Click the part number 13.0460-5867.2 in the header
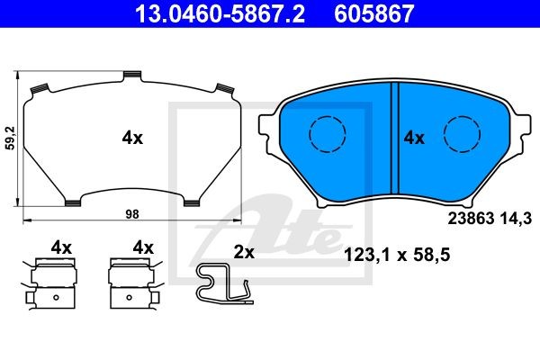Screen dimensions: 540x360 pyautogui.click(x=220, y=13)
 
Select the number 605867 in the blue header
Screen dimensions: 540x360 pyautogui.click(x=374, y=13)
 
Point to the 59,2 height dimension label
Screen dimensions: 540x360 pyautogui.click(x=11, y=138)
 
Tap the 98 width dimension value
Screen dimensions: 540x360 pyautogui.click(x=132, y=214)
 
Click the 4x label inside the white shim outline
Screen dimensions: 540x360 pyautogui.click(x=132, y=138)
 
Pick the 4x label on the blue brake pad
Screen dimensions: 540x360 pyautogui.click(x=414, y=138)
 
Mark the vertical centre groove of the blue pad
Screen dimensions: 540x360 pyautogui.click(x=395, y=138)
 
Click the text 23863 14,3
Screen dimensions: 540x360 pyautogui.click(x=490, y=219)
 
